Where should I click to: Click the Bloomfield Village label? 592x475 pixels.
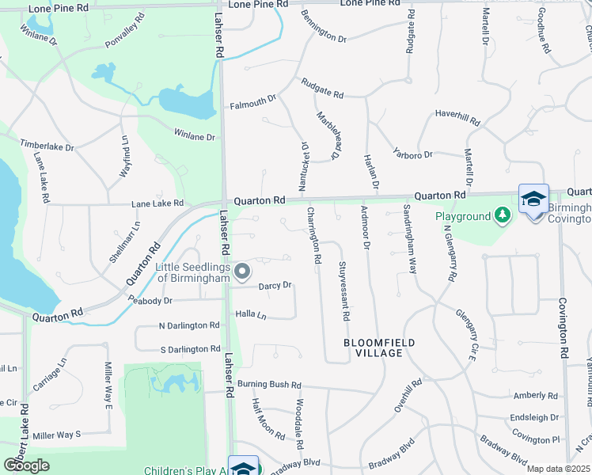tap(379, 348)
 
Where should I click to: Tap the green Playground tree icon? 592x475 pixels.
tap(502, 215)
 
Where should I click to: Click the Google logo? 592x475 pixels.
tap(27, 465)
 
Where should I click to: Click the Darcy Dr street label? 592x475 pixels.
tap(276, 285)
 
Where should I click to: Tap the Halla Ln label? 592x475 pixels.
tap(251, 314)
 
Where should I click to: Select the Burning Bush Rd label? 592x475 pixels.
tap(270, 385)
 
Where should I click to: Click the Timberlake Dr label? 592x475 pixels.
tap(47, 146)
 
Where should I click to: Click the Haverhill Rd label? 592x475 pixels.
tap(457, 118)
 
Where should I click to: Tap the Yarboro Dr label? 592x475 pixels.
tap(413, 154)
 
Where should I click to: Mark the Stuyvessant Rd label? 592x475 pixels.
tap(344, 290)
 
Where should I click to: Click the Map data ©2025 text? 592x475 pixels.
tap(559, 469)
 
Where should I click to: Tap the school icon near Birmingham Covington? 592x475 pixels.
tap(533, 199)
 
